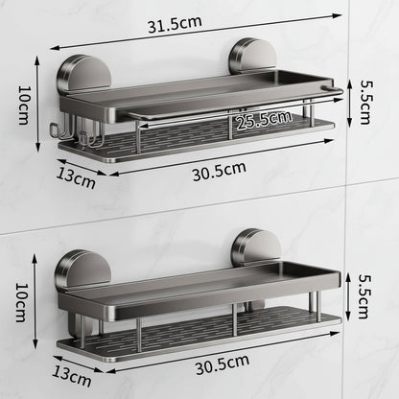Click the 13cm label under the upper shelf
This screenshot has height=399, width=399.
coord(76,176)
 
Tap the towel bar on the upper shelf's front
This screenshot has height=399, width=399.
coord(230,106)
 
